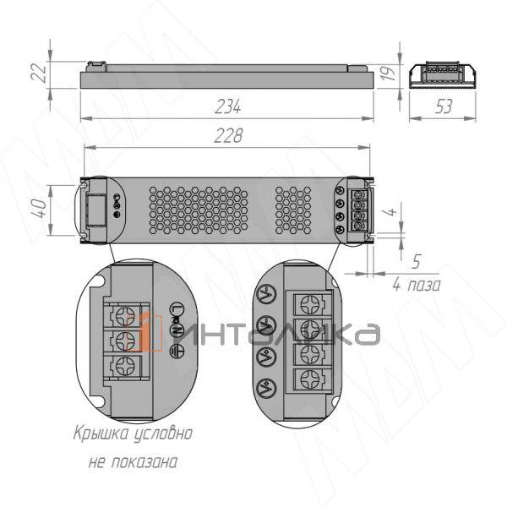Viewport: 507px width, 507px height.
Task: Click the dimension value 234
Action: coord(227,106)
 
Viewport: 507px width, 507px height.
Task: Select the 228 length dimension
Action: coord(228,136)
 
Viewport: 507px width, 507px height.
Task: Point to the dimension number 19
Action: coord(389,74)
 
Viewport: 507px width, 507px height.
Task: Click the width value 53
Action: coord(444,106)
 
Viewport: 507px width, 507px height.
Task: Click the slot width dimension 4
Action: coord(390,212)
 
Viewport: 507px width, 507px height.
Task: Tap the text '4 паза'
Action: coord(416,285)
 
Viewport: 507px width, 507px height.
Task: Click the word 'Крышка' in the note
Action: coord(98,434)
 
